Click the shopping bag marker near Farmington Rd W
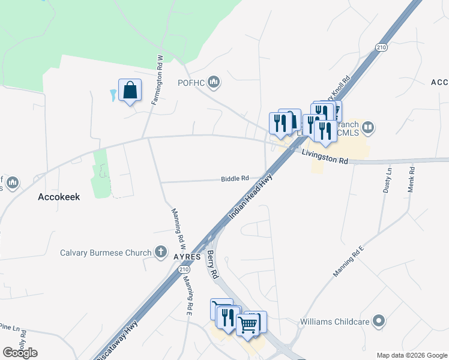click(x=130, y=91)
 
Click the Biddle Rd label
click(x=235, y=178)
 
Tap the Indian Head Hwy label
click(x=251, y=197)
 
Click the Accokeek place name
click(x=59, y=196)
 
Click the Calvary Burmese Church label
click(x=106, y=253)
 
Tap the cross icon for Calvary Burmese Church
click(x=160, y=252)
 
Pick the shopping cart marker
click(x=249, y=325)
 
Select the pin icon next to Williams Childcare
click(x=378, y=322)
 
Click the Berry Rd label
click(x=211, y=263)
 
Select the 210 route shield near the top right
click(x=381, y=47)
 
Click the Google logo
click(x=20, y=352)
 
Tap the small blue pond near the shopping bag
click(x=113, y=95)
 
